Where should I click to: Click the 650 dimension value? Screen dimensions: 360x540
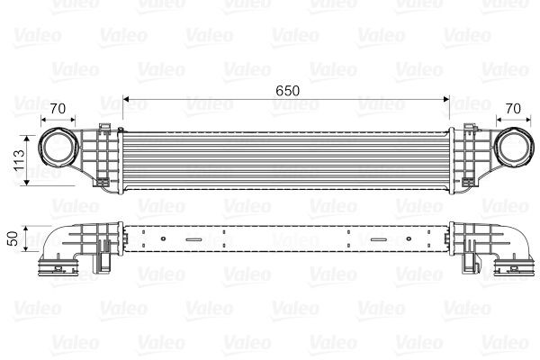287,91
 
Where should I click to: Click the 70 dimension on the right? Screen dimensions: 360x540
513,109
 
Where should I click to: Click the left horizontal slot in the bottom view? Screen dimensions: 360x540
193,240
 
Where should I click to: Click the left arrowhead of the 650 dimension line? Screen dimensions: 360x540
126,98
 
